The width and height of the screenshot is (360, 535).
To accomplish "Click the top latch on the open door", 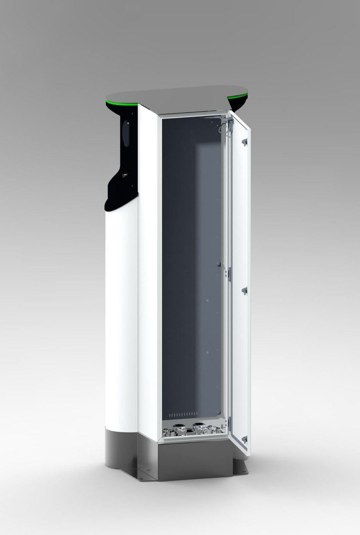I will (x=244, y=142).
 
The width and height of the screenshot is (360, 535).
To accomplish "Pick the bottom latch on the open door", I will (x=244, y=440).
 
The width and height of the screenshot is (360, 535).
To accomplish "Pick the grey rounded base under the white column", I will (x=121, y=448).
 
